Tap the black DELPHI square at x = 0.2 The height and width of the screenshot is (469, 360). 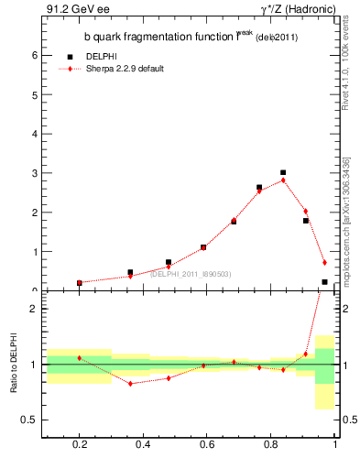point(80,283)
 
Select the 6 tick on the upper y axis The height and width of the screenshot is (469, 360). point(35,55)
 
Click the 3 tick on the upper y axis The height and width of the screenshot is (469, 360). point(35,173)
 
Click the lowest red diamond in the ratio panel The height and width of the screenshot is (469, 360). point(131,383)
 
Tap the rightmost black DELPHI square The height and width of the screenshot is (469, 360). point(325,282)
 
